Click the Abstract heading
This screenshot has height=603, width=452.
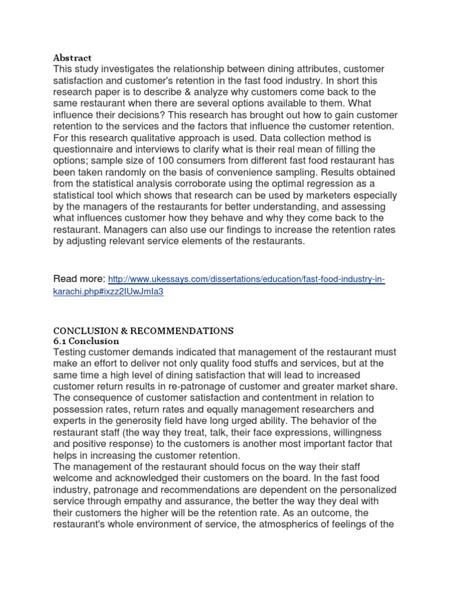72,58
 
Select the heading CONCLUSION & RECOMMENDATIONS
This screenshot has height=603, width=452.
143,330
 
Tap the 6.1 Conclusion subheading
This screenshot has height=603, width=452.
86,341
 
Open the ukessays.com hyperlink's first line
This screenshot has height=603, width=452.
247,279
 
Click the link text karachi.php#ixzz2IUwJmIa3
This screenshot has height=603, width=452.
108,291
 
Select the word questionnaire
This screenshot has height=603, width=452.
82,150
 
